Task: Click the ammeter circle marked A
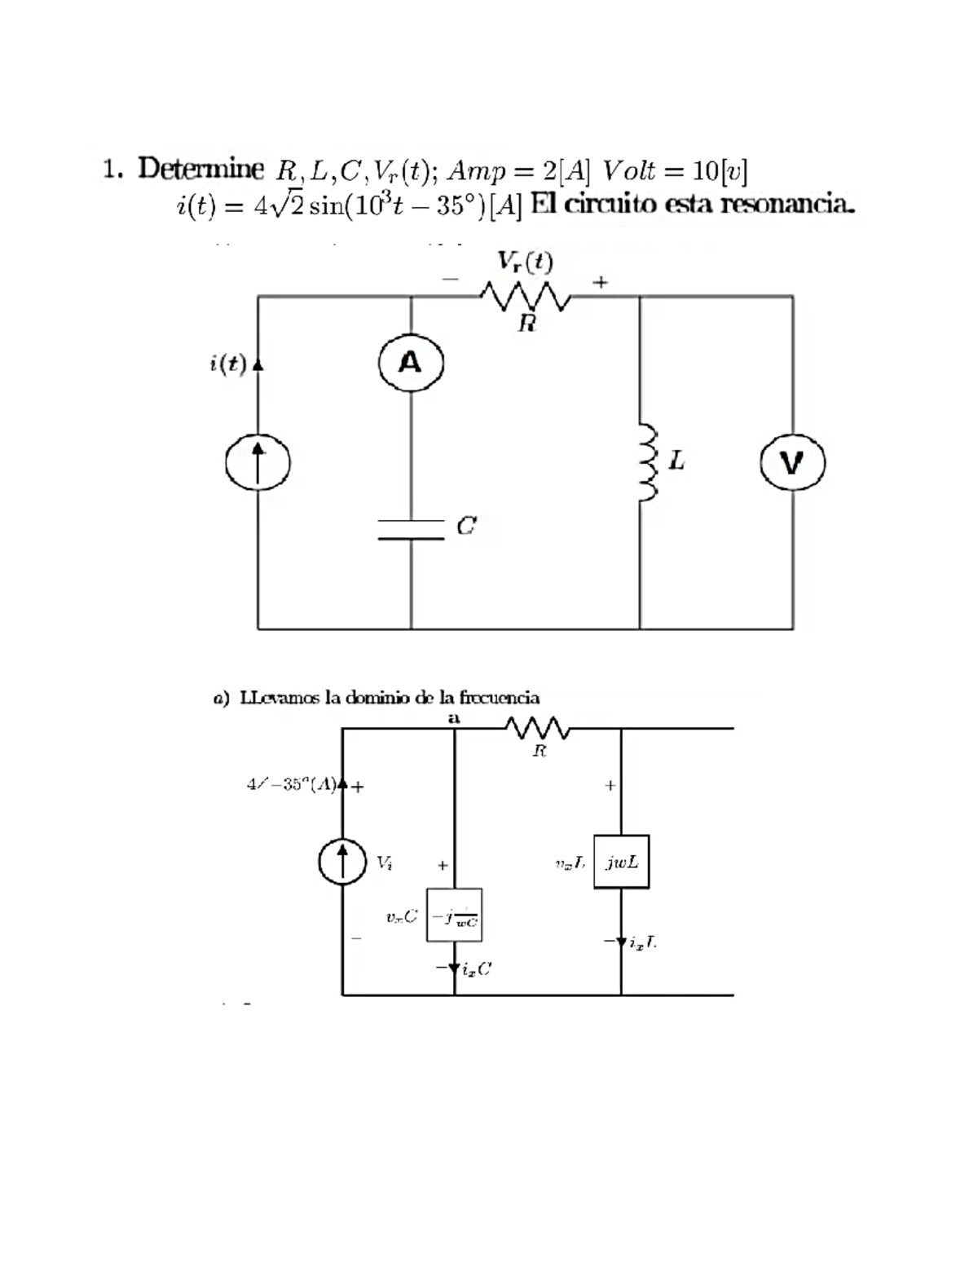click(411, 363)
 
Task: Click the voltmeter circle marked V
click(792, 463)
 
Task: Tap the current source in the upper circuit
click(258, 463)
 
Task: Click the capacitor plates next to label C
click(411, 529)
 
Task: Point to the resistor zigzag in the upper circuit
click(526, 297)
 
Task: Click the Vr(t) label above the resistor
click(526, 262)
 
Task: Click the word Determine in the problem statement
click(200, 169)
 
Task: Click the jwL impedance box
click(622, 862)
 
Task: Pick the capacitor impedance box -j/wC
click(454, 915)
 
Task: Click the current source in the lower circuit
click(342, 862)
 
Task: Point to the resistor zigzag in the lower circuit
click(537, 727)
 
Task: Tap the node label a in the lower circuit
click(454, 718)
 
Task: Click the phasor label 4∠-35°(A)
click(293, 785)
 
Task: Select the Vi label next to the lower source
click(384, 862)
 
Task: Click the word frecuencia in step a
click(499, 698)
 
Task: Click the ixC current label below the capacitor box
click(476, 969)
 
